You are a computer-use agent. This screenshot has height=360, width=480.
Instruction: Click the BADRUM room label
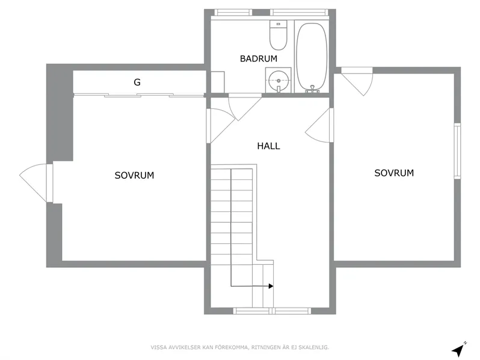coord(258,58)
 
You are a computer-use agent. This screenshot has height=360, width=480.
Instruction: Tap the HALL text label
coord(268,146)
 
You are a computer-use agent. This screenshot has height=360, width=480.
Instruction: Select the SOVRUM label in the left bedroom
coord(134,176)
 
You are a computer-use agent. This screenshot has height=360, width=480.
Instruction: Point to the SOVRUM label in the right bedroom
coord(394,173)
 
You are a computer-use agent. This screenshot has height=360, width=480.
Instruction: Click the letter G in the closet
coord(137,82)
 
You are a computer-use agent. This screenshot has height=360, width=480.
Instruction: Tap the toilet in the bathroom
coord(278,37)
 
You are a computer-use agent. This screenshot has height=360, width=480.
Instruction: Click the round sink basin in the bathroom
coord(278,79)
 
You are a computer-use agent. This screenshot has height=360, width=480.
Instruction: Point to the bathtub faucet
coord(312,89)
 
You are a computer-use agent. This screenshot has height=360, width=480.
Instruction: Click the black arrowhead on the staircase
coord(271,286)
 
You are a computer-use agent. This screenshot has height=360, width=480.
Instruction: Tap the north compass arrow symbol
coord(458,349)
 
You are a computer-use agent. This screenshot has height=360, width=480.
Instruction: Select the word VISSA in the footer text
coord(159,348)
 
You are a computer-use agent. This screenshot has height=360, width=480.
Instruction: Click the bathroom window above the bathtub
coord(298,12)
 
